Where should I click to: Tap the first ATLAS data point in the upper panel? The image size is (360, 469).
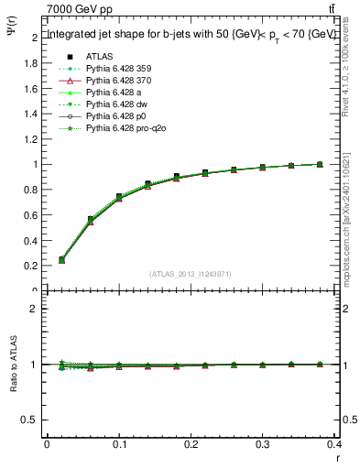click(61, 259)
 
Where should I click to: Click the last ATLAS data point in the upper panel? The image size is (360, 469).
click(320, 164)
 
